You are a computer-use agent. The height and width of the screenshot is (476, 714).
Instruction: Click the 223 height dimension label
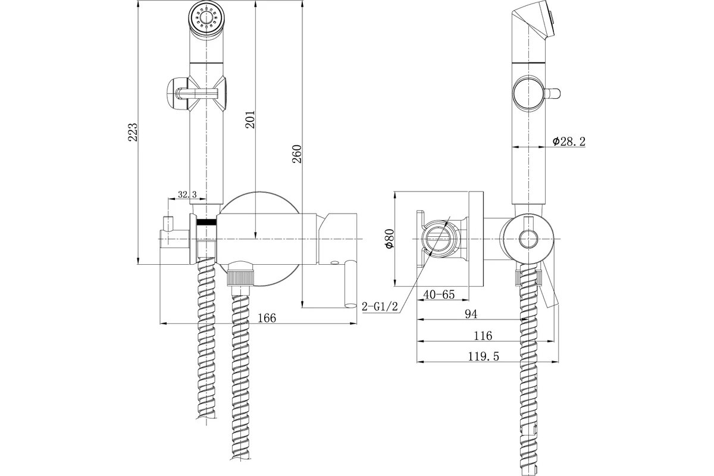tap(133, 132)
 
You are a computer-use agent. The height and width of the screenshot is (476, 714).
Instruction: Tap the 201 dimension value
tap(250, 120)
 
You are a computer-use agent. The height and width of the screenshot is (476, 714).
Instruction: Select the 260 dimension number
tap(297, 154)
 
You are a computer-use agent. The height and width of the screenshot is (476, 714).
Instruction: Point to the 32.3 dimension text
tap(187, 194)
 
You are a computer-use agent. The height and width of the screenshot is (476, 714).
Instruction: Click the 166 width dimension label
tap(267, 318)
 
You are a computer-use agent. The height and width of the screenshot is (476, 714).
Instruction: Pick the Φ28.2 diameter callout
tap(569, 141)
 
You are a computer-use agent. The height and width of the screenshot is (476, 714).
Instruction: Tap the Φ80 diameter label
tap(390, 239)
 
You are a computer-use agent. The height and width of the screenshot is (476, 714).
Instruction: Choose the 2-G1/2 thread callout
tap(380, 306)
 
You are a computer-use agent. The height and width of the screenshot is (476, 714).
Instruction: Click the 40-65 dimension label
tap(439, 295)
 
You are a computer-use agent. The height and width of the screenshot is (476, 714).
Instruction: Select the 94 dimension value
tap(471, 314)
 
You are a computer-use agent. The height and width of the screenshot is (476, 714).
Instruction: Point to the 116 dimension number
tap(483, 336)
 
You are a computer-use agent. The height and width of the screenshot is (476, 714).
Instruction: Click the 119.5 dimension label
tap(483, 356)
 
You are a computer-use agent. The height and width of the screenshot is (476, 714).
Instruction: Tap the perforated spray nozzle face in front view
tap(206, 18)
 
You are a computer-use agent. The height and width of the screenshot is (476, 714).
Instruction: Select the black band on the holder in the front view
tap(206, 222)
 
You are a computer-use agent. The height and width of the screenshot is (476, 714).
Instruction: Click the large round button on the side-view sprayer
tap(528, 93)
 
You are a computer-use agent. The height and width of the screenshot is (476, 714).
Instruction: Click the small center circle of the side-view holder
tap(528, 240)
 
